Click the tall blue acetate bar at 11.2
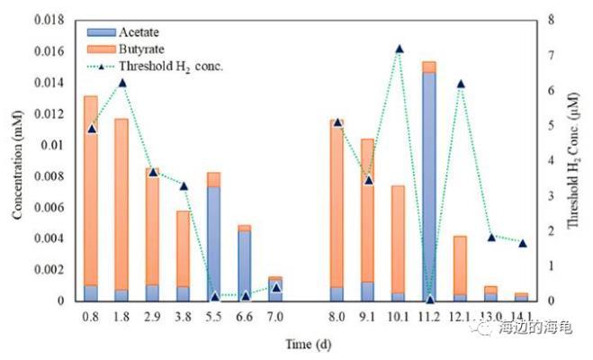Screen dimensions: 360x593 pyautogui.click(x=429, y=185)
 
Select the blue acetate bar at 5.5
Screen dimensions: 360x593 pyautogui.click(x=213, y=243)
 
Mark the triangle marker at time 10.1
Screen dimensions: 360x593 pyautogui.click(x=399, y=49)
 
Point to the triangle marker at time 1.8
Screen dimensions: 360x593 pyautogui.click(x=121, y=83)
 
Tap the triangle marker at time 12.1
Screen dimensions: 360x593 pyautogui.click(x=460, y=84)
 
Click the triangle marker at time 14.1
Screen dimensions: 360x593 pyautogui.click(x=522, y=243)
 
